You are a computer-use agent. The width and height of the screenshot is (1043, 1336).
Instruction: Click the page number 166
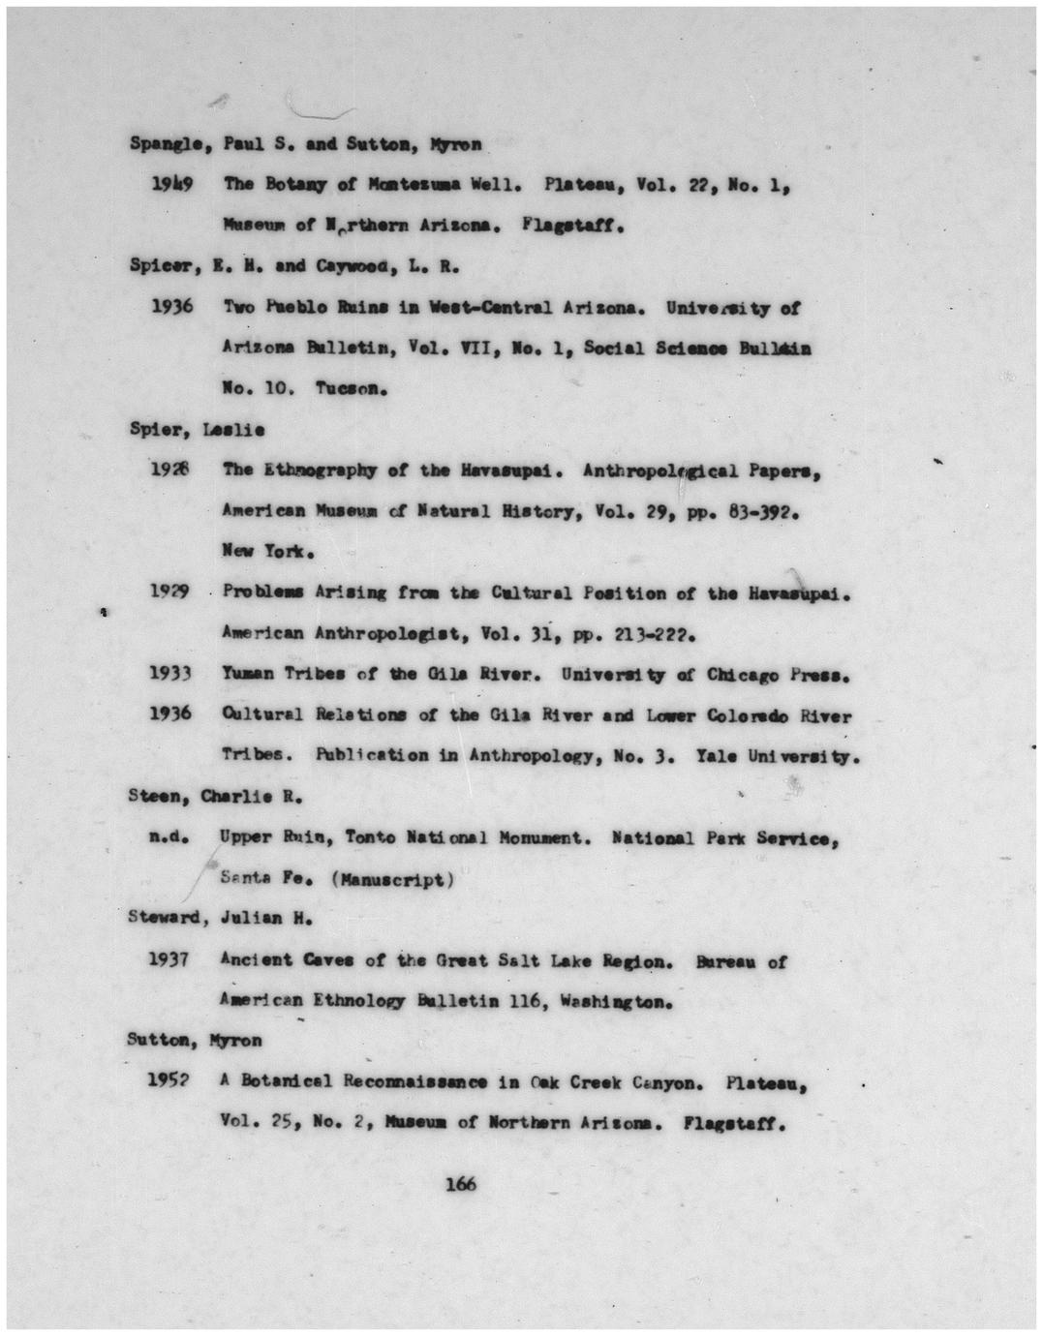460,1183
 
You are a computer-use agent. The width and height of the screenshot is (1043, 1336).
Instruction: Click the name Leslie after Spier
233,429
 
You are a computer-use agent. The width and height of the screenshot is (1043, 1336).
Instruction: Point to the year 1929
169,591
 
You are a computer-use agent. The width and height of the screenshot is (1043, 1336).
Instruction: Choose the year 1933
169,673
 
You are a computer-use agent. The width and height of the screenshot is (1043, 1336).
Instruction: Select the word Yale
718,755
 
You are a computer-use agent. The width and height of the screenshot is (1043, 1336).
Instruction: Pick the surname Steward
166,918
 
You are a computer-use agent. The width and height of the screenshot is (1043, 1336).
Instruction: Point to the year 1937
168,959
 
